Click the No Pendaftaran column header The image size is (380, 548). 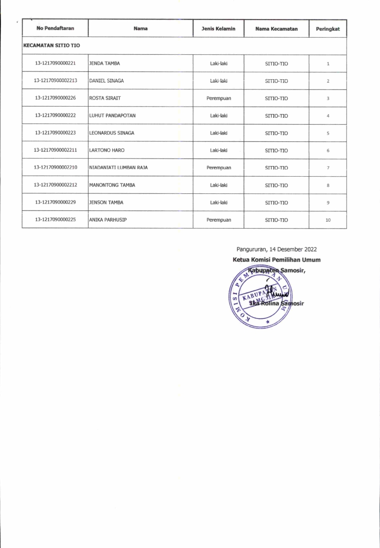click(x=55, y=29)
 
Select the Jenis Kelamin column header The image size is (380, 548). click(x=218, y=29)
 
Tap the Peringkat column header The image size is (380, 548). click(x=328, y=29)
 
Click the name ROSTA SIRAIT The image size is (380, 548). click(x=105, y=98)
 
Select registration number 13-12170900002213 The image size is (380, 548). click(x=55, y=81)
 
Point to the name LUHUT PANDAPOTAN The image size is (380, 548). click(x=112, y=115)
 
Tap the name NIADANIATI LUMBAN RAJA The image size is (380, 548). click(x=118, y=168)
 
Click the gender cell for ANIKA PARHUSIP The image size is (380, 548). click(x=218, y=220)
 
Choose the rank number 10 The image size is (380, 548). click(x=328, y=220)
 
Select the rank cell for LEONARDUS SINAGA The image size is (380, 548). click(x=328, y=133)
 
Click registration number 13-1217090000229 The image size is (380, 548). click(x=55, y=203)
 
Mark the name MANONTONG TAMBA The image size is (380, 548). click(x=109, y=185)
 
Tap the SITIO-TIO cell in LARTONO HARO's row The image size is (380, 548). click(x=276, y=151)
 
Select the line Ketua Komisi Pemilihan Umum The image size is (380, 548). click(x=276, y=260)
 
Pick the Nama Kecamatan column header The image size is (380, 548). click(x=276, y=29)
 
